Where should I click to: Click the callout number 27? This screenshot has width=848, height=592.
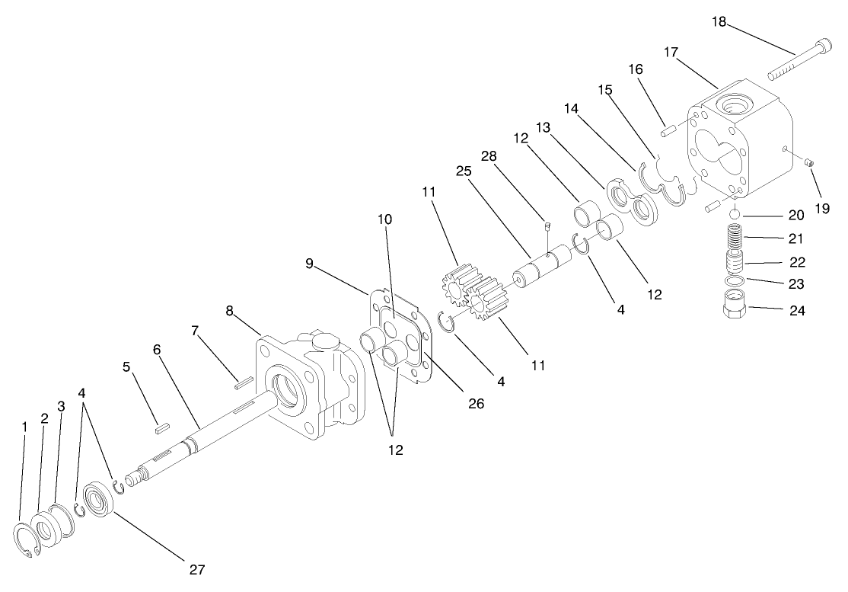(196, 568)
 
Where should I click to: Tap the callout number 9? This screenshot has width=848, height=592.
(309, 264)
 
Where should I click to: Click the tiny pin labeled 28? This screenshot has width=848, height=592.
(547, 225)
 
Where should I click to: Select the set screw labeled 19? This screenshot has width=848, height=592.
(810, 162)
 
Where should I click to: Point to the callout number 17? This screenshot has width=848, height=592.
(671, 53)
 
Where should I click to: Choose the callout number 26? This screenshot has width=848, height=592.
(476, 404)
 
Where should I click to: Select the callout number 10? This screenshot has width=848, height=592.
(385, 219)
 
